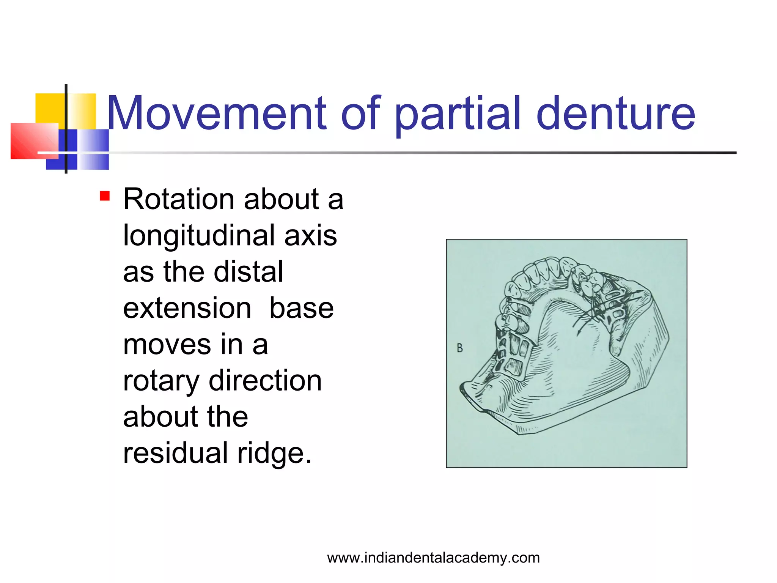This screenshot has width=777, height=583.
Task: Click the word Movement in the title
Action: [216, 113]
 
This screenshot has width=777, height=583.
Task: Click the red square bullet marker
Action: [105, 196]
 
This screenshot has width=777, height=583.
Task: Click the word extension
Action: [187, 308]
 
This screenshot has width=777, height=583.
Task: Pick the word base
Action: [301, 308]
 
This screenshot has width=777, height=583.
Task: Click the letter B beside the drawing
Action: [460, 348]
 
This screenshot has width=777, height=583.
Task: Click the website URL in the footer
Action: [433, 558]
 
